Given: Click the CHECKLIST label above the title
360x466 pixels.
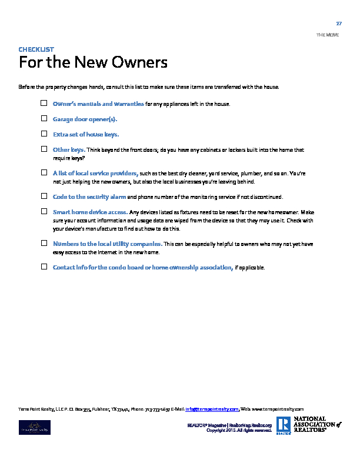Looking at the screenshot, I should tap(36, 49).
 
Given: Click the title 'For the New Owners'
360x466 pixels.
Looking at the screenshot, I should tap(93, 62).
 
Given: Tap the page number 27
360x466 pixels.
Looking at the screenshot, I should tap(339, 23).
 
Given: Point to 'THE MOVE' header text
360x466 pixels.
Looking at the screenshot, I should tap(327, 35).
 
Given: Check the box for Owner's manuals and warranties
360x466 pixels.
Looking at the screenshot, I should tap(44, 104).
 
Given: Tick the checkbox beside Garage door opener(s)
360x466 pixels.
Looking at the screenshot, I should tap(44, 119).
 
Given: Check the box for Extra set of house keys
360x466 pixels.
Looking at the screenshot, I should tap(44, 134).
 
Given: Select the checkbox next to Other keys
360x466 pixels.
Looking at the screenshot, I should tap(44, 149).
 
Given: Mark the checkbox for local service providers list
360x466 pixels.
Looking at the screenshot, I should tap(44, 173).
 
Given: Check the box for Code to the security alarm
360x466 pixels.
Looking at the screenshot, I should tap(44, 196).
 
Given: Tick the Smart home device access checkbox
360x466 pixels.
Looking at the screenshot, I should tap(44, 211).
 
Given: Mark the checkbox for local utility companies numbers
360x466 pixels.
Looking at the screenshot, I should tap(44, 242).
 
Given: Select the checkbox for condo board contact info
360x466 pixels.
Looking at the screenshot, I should tap(44, 267).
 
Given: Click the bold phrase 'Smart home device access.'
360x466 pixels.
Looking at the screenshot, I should tap(90, 212).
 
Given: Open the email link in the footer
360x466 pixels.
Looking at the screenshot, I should tap(212, 409).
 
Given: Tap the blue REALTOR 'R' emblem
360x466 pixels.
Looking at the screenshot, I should tap(283, 425).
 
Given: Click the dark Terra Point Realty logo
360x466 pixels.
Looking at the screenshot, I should tap(35, 427).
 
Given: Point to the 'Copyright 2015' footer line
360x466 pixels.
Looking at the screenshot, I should tap(239, 430).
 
